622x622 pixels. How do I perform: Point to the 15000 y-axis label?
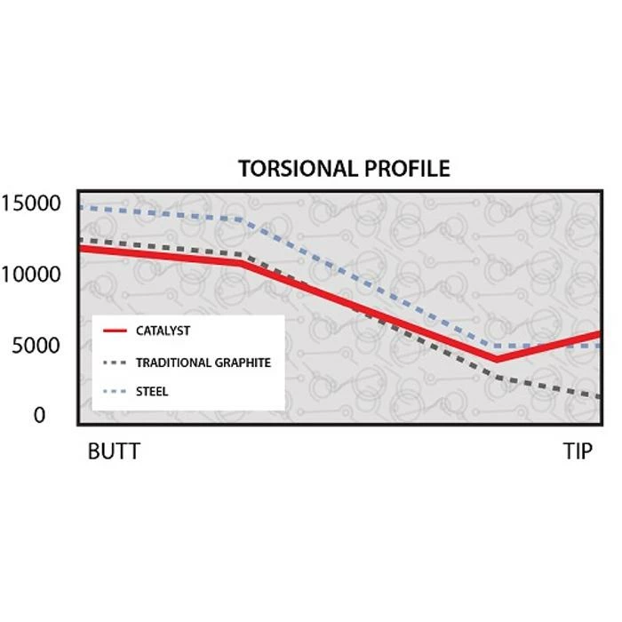[31, 203]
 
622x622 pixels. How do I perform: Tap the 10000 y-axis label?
[31, 274]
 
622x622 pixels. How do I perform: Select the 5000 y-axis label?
[36, 345]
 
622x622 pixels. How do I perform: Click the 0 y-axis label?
[39, 415]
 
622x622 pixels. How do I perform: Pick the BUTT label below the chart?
[114, 451]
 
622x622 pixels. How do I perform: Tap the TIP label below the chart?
[578, 451]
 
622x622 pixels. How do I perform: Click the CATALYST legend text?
[163, 331]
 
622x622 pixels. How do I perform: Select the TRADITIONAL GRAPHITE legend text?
[203, 363]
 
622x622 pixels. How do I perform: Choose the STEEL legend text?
[152, 391]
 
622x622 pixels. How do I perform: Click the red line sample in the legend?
[116, 331]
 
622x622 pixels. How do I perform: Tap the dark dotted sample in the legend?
[116, 363]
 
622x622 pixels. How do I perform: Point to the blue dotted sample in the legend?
[116, 391]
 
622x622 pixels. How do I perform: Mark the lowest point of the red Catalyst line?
[497, 359]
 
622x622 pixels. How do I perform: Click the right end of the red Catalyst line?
[598, 335]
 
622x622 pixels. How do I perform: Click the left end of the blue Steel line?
[81, 207]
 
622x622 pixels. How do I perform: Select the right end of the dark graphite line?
[598, 396]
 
